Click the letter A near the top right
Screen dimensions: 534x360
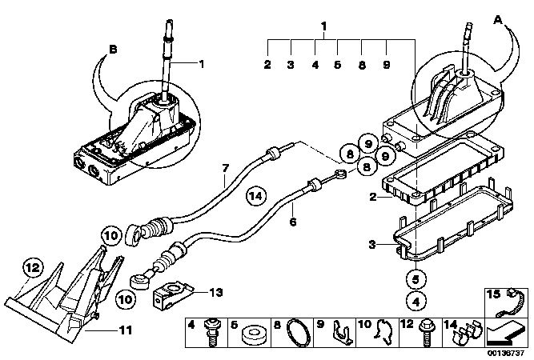[498, 21]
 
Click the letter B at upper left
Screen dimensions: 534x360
[113, 50]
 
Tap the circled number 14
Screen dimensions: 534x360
[256, 196]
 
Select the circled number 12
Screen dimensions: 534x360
[33, 268]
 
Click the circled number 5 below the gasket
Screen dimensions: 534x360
[416, 280]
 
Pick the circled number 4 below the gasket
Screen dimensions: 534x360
[416, 301]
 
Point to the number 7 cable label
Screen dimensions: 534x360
[226, 169]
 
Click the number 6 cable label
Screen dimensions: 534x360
[293, 222]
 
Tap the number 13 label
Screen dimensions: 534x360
[216, 292]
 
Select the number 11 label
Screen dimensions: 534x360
[126, 330]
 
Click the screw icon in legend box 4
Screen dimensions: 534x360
[212, 333]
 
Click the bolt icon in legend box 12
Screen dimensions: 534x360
[426, 333]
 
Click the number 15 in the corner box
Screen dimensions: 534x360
[492, 294]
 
